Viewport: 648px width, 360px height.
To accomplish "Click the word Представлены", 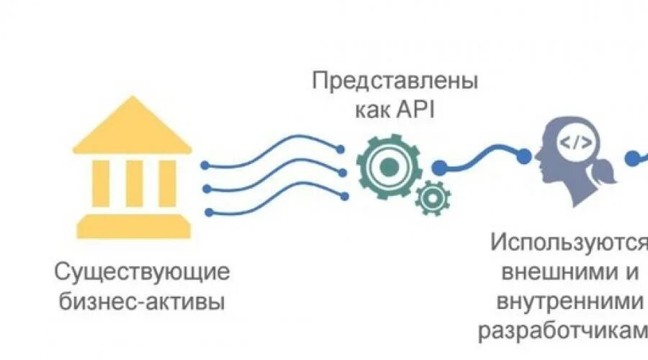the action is [x=395, y=81].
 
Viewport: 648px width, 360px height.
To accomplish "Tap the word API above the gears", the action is [x=419, y=112].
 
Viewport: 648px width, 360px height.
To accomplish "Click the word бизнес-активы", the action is [x=143, y=300].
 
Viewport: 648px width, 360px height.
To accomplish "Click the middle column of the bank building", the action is [x=135, y=183].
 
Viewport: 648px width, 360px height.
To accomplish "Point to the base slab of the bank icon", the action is [x=135, y=226].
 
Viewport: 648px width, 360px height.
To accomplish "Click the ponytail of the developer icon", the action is [x=603, y=174].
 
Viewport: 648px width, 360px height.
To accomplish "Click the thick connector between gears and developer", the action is [x=482, y=158].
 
